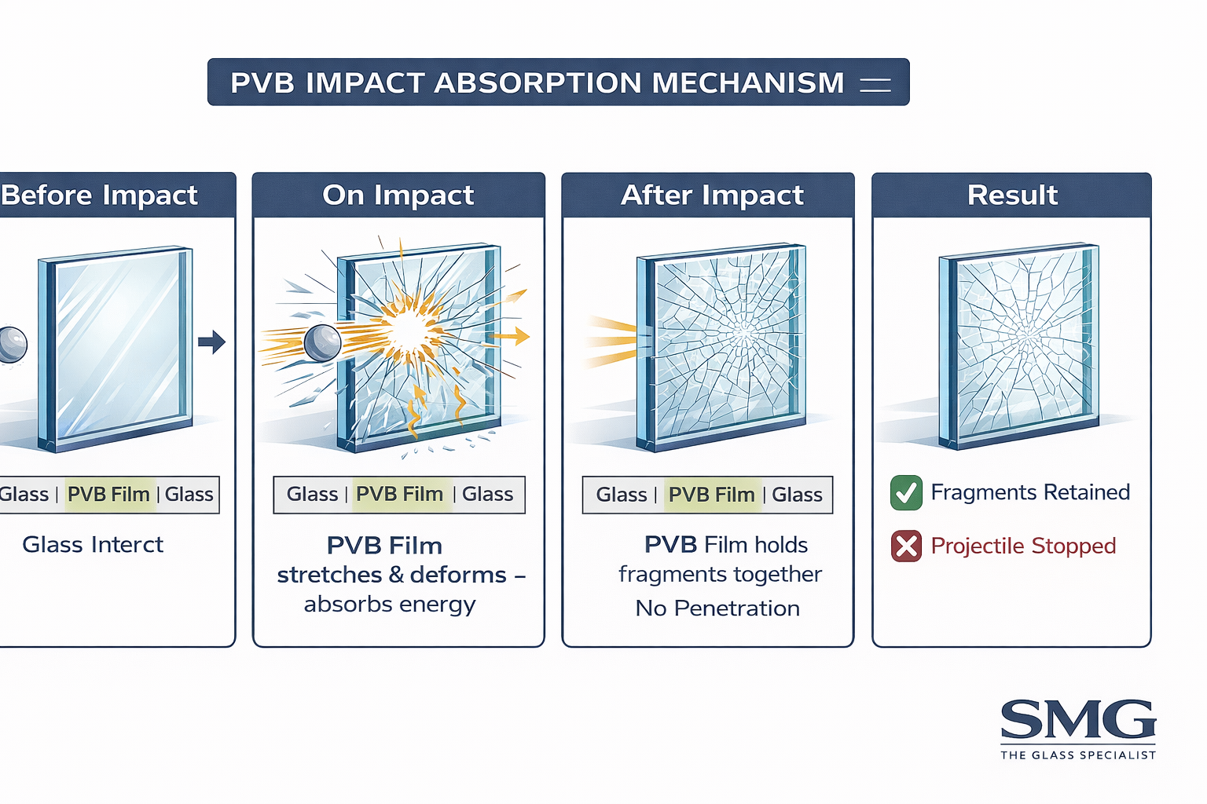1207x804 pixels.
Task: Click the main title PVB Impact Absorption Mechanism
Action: click(537, 82)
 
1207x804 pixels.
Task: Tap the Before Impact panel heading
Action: click(99, 195)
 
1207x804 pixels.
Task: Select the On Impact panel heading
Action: click(398, 195)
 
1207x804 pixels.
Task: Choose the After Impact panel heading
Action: click(712, 195)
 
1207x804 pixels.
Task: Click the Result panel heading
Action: click(1012, 195)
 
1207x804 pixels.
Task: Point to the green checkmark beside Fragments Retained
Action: click(906, 492)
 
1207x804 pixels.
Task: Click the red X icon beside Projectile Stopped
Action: click(906, 546)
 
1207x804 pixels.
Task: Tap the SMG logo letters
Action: click(1077, 719)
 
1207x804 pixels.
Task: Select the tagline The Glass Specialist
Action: click(1077, 755)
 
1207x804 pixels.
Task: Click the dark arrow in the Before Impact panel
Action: click(211, 342)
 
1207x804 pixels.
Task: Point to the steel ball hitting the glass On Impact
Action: click(321, 342)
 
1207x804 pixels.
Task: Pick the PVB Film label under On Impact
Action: click(400, 495)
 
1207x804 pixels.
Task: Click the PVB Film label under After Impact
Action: click(711, 495)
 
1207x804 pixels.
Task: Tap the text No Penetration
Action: click(717, 608)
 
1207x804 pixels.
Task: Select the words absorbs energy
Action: click(390, 605)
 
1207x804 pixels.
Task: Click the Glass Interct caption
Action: click(93, 545)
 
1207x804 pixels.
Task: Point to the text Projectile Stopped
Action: click(1023, 546)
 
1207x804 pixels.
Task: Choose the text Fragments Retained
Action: click(1030, 492)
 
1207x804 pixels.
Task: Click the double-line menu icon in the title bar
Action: click(875, 84)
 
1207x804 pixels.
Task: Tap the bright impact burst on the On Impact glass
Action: click(409, 330)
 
